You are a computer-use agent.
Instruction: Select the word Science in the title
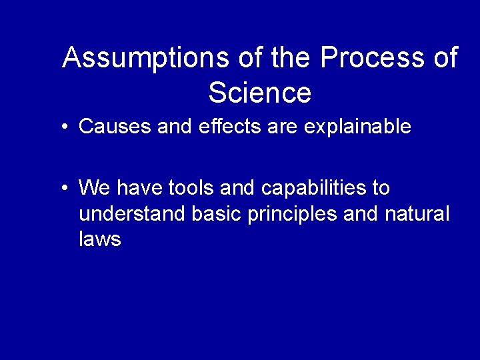[x=259, y=93]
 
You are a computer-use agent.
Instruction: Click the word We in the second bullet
[x=92, y=188]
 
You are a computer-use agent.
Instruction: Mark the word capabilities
[x=313, y=189]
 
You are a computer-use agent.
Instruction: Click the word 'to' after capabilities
[x=381, y=188]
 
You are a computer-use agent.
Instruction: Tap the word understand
[x=133, y=214]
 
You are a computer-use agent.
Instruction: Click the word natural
[x=417, y=214]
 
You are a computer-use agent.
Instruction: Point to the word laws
[x=99, y=239]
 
